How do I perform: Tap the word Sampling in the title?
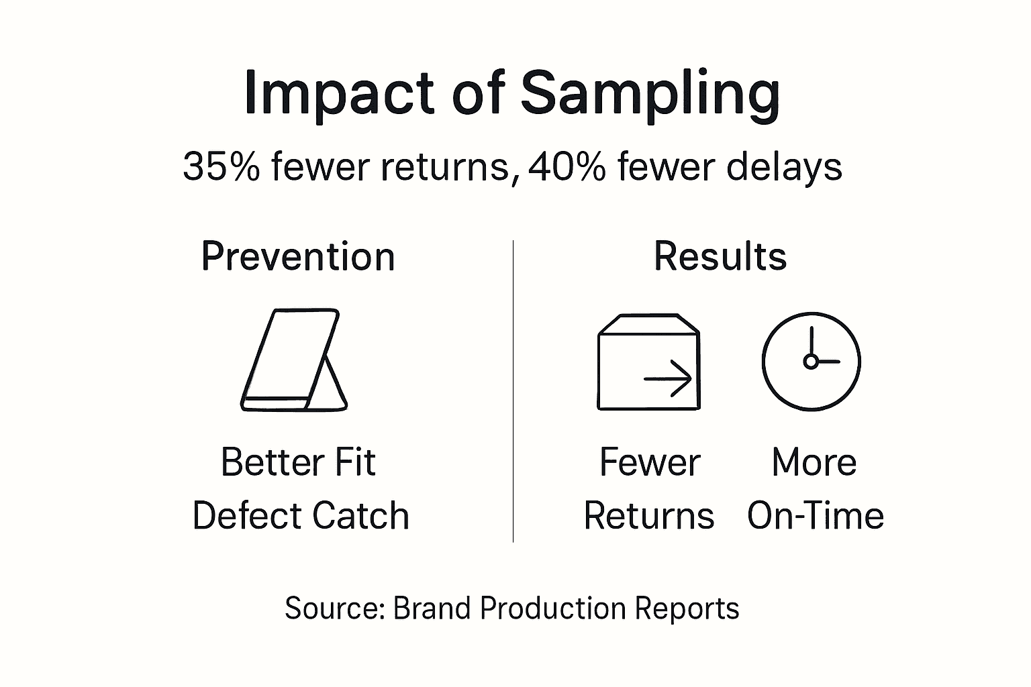pyautogui.click(x=650, y=94)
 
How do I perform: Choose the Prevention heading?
pyautogui.click(x=298, y=257)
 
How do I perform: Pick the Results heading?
pyautogui.click(x=720, y=256)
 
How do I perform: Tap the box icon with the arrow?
pyautogui.click(x=648, y=362)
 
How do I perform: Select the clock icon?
pyautogui.click(x=811, y=362)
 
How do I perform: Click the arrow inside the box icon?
pyautogui.click(x=668, y=379)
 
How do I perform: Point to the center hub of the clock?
pyautogui.click(x=811, y=362)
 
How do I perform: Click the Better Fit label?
pyautogui.click(x=298, y=462)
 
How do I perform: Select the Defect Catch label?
pyautogui.click(x=301, y=516)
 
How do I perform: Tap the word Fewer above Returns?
pyautogui.click(x=649, y=462)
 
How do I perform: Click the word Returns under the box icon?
pyautogui.click(x=649, y=516)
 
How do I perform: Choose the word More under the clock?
pyautogui.click(x=814, y=462)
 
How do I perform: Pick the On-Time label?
pyautogui.click(x=816, y=516)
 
